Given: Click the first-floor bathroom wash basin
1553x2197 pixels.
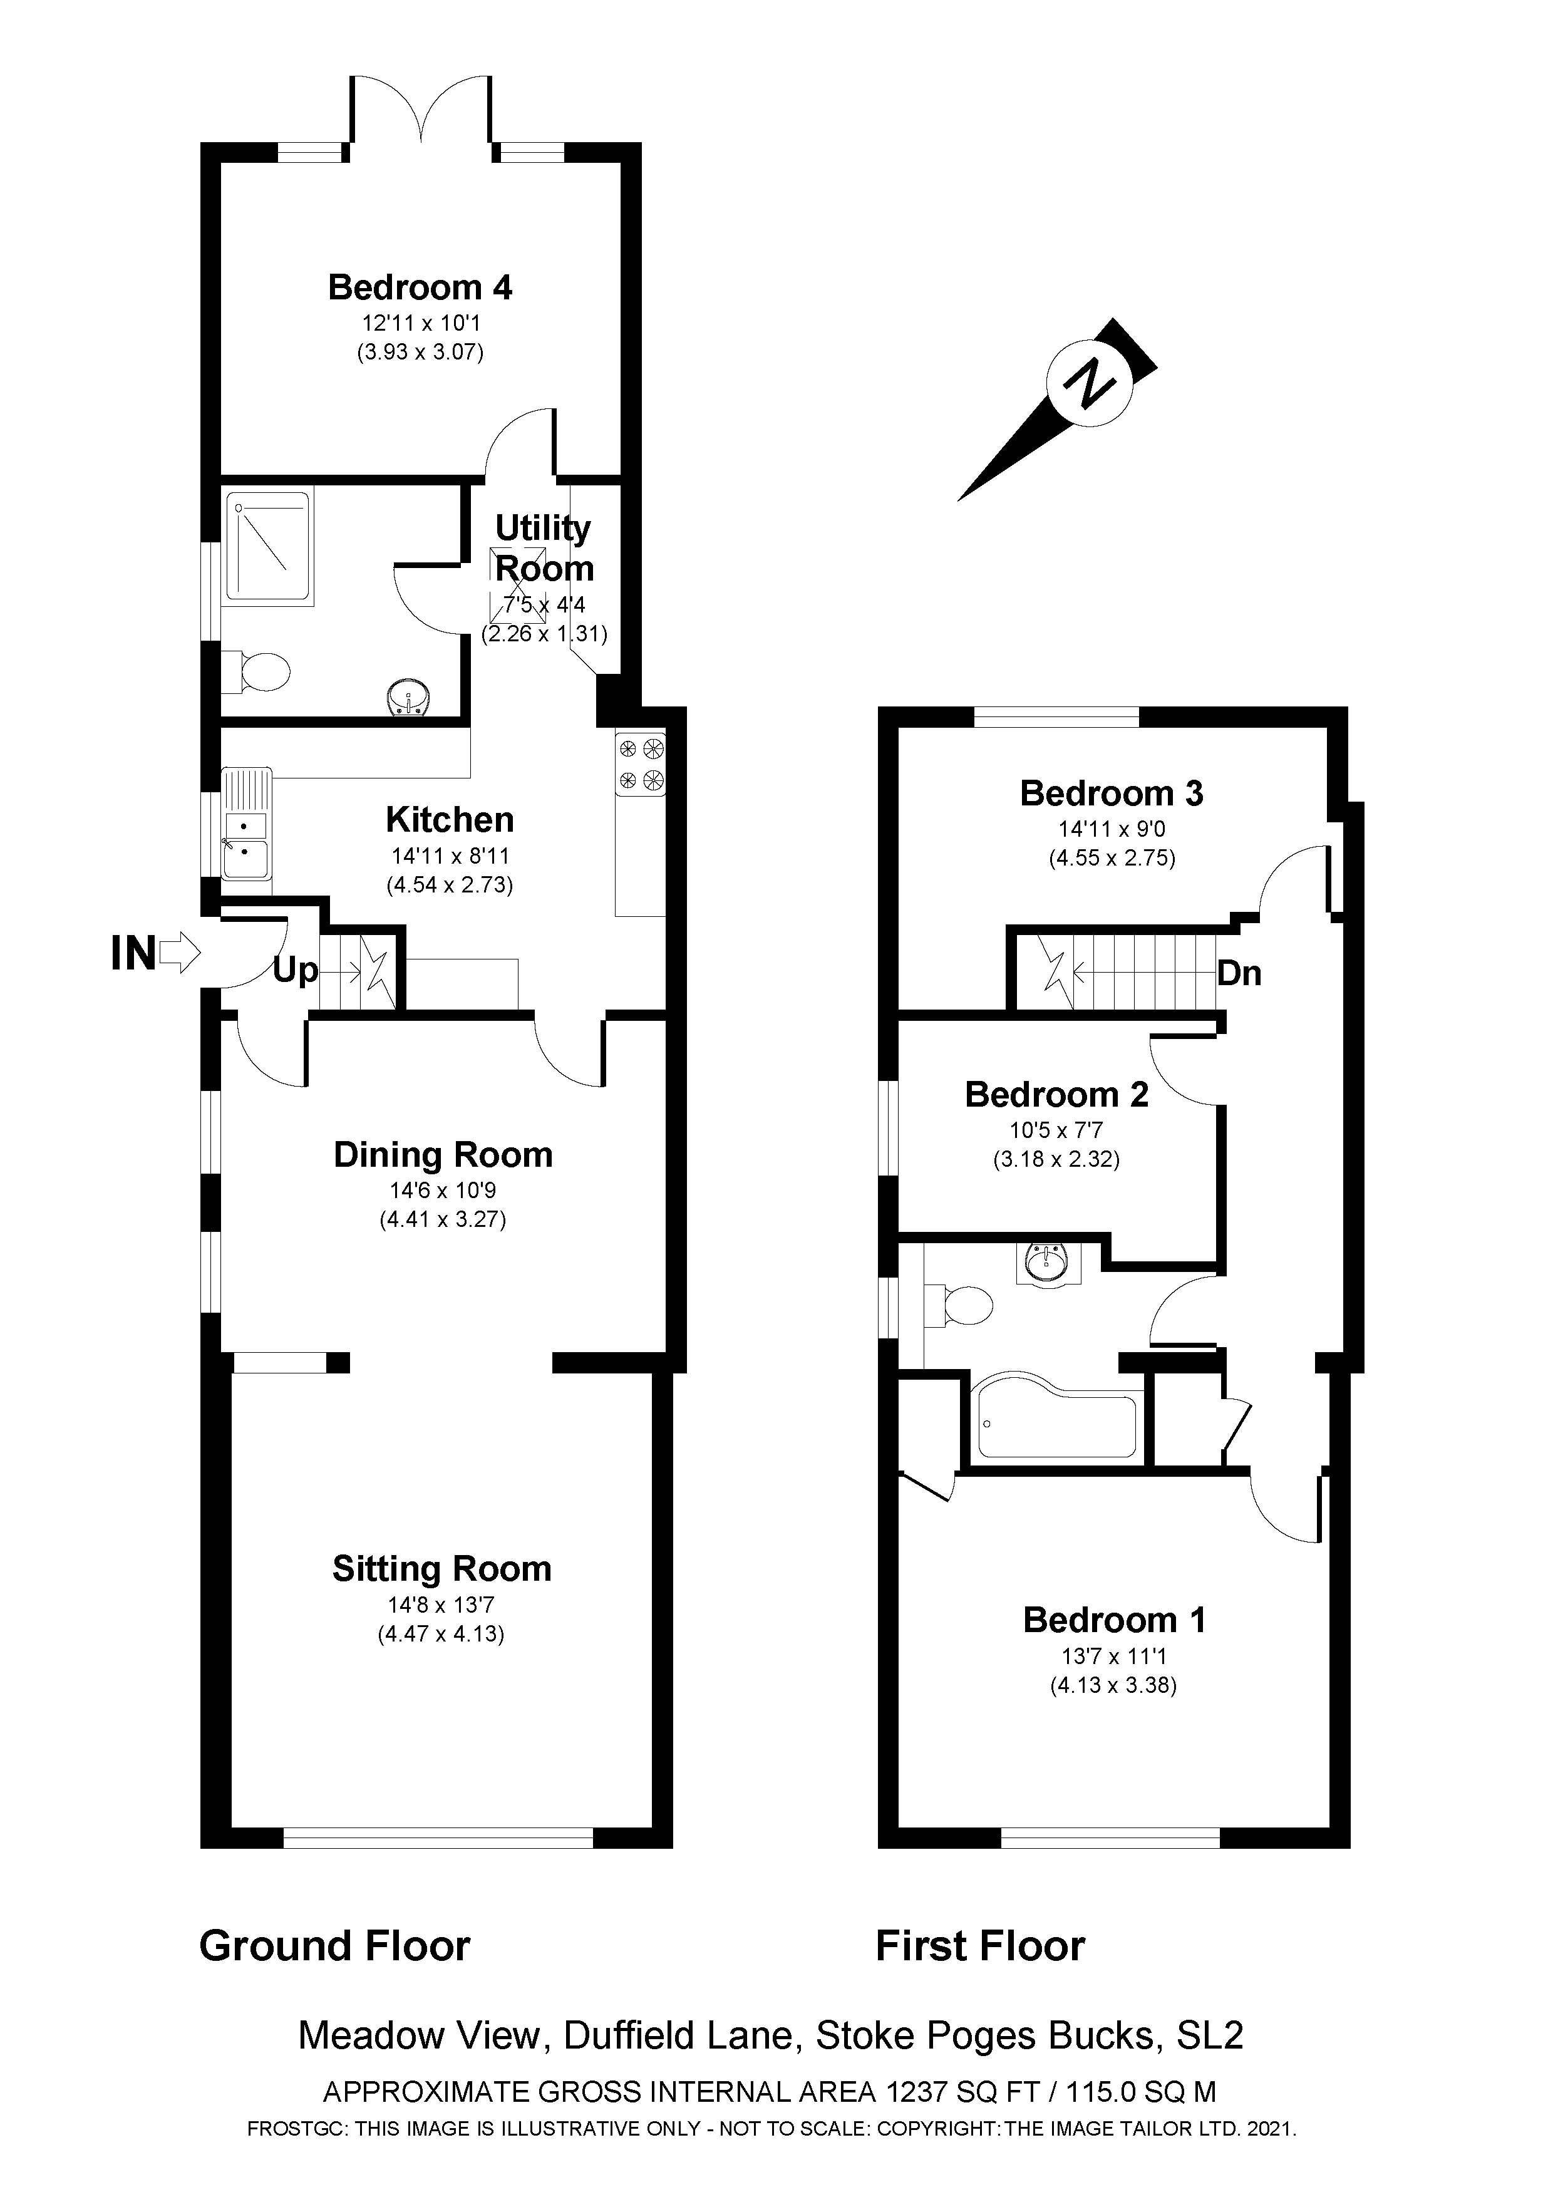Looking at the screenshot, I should (x=1044, y=1264).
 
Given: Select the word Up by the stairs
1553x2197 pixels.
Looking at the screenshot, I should (x=295, y=971).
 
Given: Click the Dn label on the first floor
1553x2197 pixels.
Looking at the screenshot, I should (x=1239, y=974).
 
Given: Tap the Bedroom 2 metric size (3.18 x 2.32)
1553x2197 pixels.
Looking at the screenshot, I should (x=1055, y=1160).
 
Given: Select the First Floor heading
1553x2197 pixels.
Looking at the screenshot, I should (x=980, y=1946).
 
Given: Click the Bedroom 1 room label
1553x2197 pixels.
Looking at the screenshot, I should (x=1114, y=1620).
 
